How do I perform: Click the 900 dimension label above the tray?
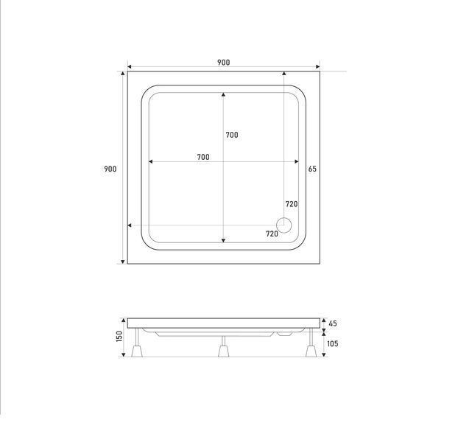point(223,62)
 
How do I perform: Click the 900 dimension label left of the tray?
point(110,169)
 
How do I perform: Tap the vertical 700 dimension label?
point(232,135)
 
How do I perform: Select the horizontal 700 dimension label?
point(203,157)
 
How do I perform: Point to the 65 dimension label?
point(312,169)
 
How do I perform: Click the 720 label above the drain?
point(292,204)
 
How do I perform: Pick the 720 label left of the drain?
point(272,234)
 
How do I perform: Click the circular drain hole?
point(284,225)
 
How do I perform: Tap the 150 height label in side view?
point(119,337)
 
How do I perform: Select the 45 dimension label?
point(333,323)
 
